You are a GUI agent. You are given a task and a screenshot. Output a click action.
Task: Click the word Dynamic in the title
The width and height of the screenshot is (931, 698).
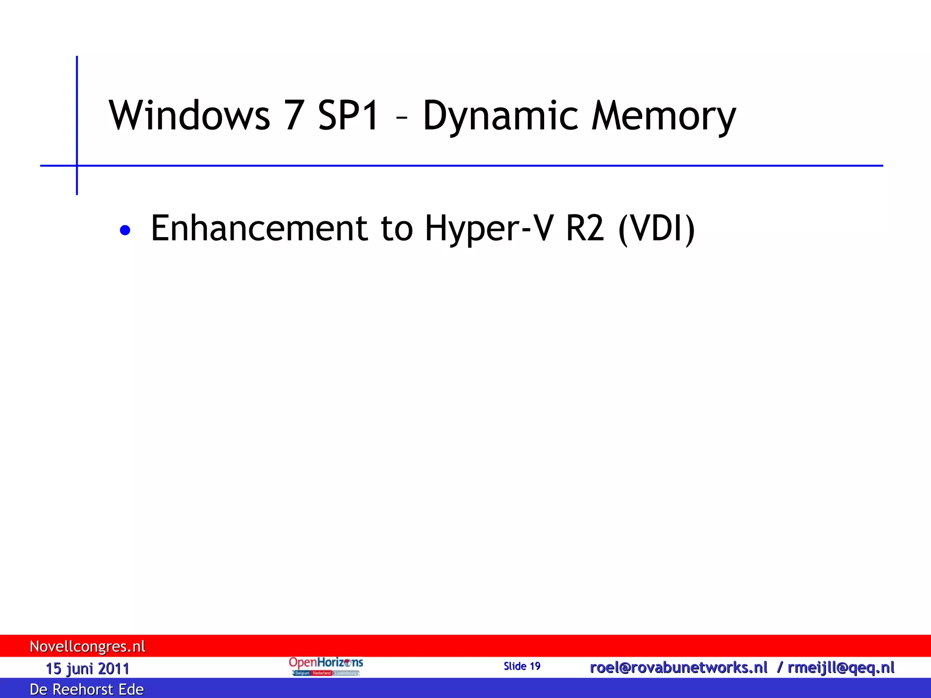click(x=500, y=116)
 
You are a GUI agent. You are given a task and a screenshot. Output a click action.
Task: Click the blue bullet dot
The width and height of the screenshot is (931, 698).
click(x=125, y=230)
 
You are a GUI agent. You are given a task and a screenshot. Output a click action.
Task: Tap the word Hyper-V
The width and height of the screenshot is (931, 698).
click(x=489, y=229)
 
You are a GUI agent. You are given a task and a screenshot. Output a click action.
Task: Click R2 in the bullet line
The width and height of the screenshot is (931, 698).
click(x=585, y=228)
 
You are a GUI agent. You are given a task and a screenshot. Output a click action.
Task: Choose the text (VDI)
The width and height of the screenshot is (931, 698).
click(x=656, y=229)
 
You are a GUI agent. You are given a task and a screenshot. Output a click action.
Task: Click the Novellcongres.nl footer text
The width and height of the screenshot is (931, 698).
click(x=87, y=646)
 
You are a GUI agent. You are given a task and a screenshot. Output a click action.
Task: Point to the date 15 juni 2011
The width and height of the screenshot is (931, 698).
click(x=87, y=668)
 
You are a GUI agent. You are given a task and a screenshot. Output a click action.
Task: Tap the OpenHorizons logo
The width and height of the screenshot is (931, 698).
click(x=325, y=666)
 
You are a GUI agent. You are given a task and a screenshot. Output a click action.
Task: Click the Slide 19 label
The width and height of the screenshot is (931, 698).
click(x=522, y=666)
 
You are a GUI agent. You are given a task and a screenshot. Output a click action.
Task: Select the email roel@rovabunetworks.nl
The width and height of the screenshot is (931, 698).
click(x=678, y=668)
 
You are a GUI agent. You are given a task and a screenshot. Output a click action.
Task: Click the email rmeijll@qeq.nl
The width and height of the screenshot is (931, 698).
click(x=841, y=668)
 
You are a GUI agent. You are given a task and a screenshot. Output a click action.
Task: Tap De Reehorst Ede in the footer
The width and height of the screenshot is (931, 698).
click(x=86, y=689)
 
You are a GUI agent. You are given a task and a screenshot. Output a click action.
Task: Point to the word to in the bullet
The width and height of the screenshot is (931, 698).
click(x=396, y=228)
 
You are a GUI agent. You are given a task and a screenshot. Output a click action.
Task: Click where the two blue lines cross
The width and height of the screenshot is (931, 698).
click(x=77, y=165)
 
